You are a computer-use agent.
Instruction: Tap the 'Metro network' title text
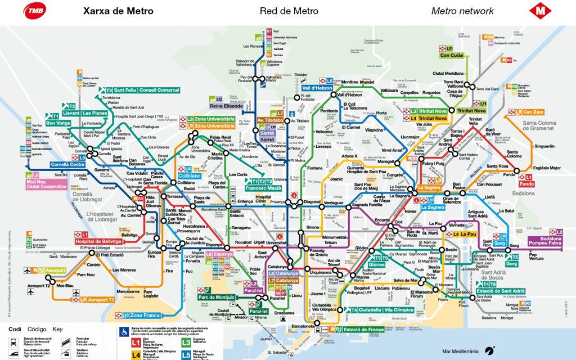pyautogui.click(x=462, y=11)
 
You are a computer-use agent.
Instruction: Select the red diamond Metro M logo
pyautogui.click(x=540, y=11)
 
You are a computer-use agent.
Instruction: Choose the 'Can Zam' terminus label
pyautogui.click(x=533, y=112)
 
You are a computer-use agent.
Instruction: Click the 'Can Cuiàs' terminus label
pyautogui.click(x=451, y=55)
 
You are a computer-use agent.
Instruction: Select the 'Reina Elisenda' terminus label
pyautogui.click(x=226, y=106)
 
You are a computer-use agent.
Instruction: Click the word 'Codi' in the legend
pyautogui.click(x=14, y=328)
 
